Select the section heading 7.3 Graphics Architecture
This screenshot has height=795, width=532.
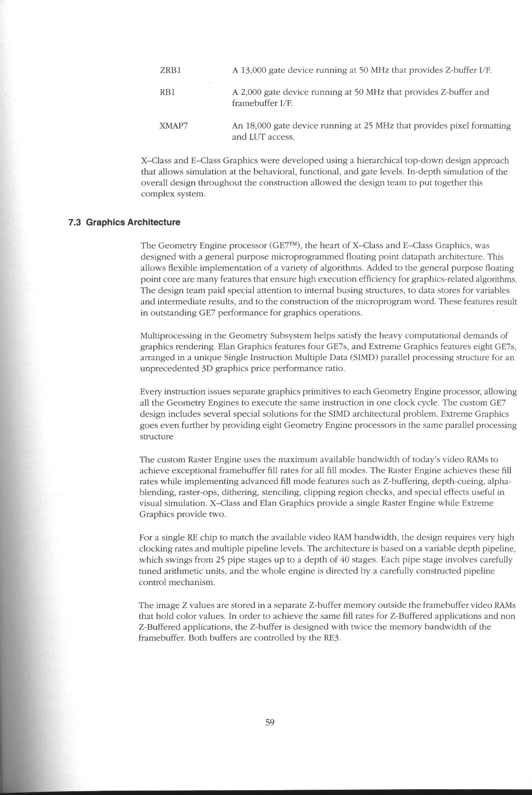point(124,222)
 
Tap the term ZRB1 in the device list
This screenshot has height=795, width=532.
point(170,70)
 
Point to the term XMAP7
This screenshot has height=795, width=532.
point(173,126)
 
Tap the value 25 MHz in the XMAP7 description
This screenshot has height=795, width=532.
point(378,126)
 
